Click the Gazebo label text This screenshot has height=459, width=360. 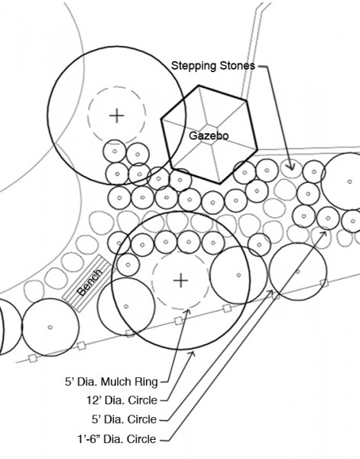tap(209, 135)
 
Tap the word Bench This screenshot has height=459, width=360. tap(89, 282)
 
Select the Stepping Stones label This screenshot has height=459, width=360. tap(213, 66)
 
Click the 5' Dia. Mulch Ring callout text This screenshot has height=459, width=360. tap(112, 382)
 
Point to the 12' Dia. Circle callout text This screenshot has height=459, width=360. tap(122, 400)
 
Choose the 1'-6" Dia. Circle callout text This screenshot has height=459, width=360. tap(117, 439)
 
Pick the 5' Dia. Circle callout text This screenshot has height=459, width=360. tap(125, 419)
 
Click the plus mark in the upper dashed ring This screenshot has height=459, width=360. tap(117, 116)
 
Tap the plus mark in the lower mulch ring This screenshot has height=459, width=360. tap(180, 281)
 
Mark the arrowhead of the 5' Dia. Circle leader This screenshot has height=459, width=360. tap(271, 292)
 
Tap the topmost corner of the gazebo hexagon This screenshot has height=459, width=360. tap(199, 86)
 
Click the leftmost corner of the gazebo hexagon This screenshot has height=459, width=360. tap(161, 119)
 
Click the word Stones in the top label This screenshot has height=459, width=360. tap(238, 66)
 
